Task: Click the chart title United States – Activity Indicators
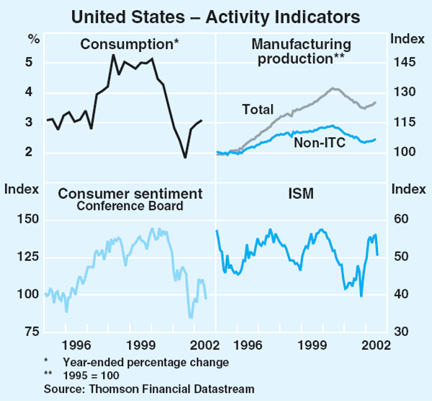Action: point(215,13)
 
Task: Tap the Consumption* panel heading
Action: point(129,45)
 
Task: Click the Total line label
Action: point(258,110)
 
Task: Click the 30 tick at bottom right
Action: point(400,332)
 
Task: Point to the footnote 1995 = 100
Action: point(90,375)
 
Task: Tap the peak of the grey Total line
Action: point(333,88)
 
